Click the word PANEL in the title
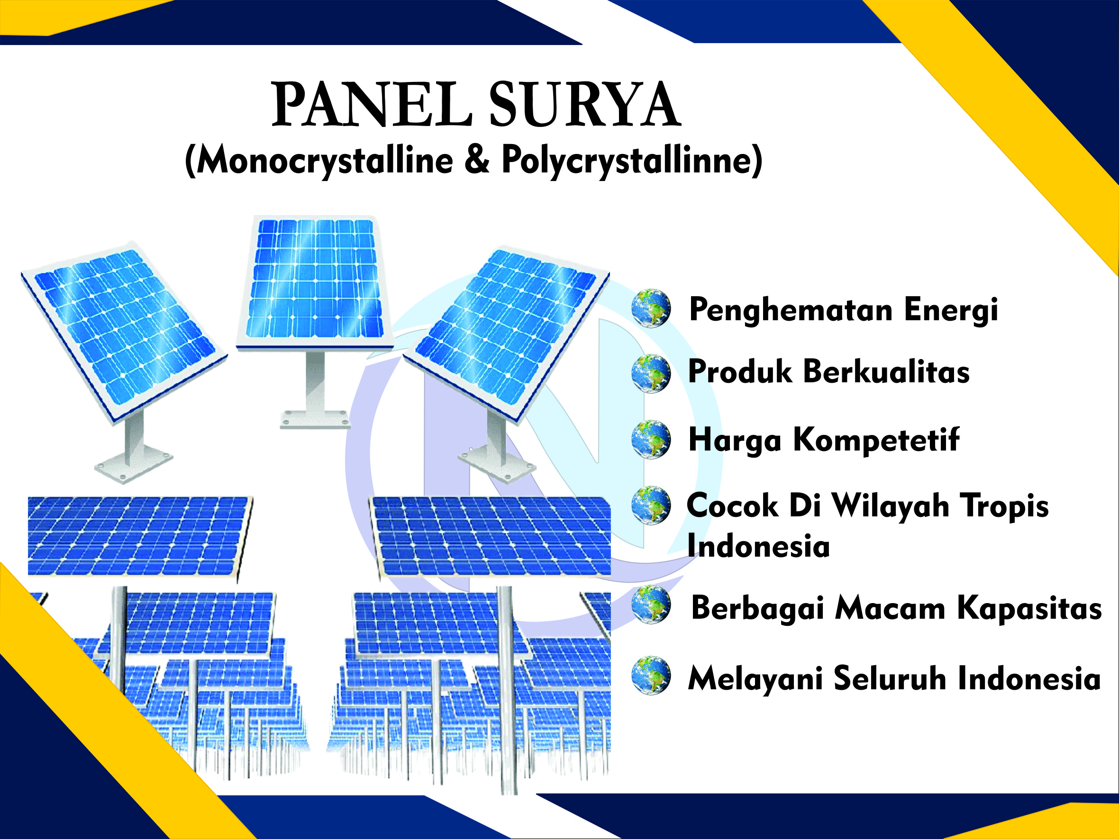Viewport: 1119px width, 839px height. (x=373, y=105)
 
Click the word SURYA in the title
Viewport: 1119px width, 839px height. (x=585, y=105)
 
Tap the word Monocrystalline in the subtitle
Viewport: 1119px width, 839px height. (x=324, y=160)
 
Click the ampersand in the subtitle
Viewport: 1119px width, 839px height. (x=477, y=159)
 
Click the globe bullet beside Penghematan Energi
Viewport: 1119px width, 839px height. (x=651, y=308)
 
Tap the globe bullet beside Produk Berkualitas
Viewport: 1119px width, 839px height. (x=651, y=374)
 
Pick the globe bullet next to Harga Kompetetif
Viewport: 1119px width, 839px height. (x=651, y=440)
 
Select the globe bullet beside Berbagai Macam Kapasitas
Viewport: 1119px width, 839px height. (x=651, y=605)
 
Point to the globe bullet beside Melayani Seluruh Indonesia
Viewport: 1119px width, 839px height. (x=651, y=676)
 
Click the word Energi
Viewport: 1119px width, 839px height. (x=951, y=310)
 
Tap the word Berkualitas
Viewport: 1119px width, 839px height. (x=886, y=372)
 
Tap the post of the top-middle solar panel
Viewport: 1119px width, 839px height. (x=315, y=382)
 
